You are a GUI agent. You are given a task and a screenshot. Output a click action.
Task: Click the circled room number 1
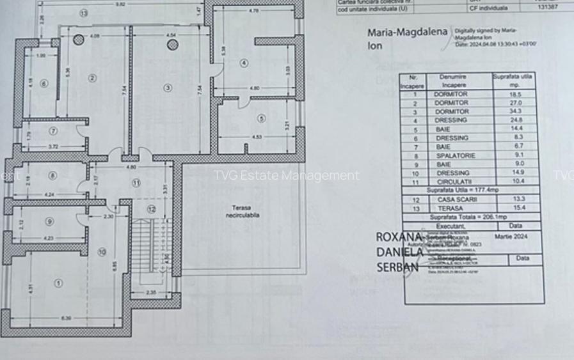click(59, 283)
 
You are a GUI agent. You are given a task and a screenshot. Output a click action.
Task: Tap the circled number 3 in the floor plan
click(168, 88)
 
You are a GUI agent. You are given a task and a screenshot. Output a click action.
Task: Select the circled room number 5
click(261, 118)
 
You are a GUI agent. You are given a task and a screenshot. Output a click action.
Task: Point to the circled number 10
click(102, 252)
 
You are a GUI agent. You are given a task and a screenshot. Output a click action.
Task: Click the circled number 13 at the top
click(84, 13)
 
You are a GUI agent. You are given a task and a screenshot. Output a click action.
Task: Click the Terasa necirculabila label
click(241, 211)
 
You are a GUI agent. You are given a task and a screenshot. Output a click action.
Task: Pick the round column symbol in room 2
click(78, 40)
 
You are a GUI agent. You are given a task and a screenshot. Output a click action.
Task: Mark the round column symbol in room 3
click(173, 45)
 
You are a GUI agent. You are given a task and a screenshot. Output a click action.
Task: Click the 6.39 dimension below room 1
click(67, 318)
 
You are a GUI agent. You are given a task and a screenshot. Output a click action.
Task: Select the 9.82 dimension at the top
click(120, 4)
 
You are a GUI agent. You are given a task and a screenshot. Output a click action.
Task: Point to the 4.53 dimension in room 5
click(257, 137)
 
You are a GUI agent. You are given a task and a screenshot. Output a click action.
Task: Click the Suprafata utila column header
click(513, 80)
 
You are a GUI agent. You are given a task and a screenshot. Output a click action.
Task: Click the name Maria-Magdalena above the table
click(407, 33)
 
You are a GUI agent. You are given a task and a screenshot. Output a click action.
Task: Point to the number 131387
click(548, 8)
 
